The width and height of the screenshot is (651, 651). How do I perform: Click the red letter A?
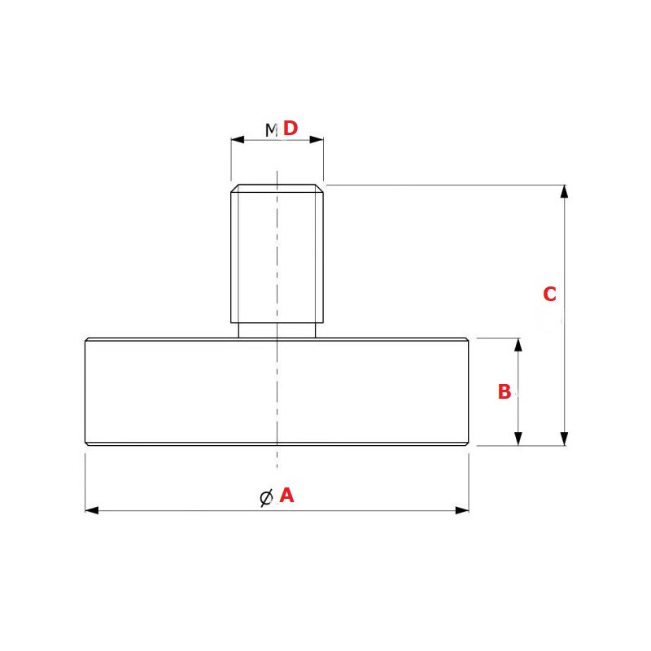pyautogui.click(x=286, y=495)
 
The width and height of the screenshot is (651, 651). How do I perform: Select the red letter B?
pyautogui.click(x=505, y=392)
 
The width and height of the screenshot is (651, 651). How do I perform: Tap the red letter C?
pyautogui.click(x=549, y=295)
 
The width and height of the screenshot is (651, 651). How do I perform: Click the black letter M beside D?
pyautogui.click(x=272, y=129)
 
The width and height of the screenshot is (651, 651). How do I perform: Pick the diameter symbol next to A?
pyautogui.click(x=265, y=497)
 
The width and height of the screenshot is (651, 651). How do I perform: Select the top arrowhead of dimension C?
pyautogui.click(x=564, y=191)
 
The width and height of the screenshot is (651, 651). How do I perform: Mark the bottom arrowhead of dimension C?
pyautogui.click(x=564, y=439)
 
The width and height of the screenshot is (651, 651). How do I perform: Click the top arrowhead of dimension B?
pyautogui.click(x=518, y=344)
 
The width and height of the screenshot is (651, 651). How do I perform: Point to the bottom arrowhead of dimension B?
pyautogui.click(x=518, y=439)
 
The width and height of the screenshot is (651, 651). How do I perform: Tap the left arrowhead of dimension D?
pyautogui.click(x=237, y=140)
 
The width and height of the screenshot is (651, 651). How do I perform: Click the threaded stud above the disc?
pyautogui.click(x=277, y=252)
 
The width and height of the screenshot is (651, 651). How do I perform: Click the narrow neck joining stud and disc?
pyautogui.click(x=277, y=331)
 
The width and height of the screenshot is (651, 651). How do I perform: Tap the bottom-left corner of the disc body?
pyautogui.click(x=86, y=443)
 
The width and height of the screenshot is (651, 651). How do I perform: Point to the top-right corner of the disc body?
pyautogui.click(x=467, y=339)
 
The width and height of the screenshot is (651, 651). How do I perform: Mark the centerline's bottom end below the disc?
pyautogui.click(x=277, y=470)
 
